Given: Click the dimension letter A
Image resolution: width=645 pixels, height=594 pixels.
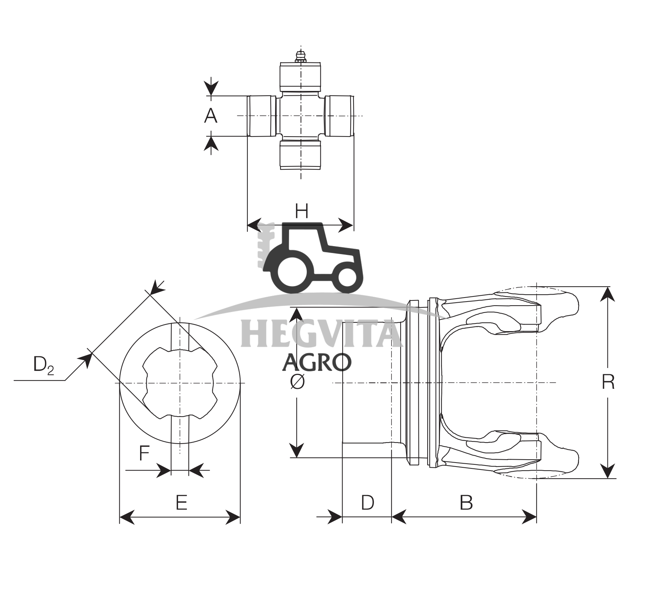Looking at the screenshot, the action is pos(211,116).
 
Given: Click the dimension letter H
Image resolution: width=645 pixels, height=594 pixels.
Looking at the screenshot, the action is pos(301,211).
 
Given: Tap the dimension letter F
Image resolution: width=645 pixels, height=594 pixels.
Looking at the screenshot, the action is pos(145,453).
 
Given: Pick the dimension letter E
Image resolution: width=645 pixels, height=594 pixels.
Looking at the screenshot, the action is pos(181,502).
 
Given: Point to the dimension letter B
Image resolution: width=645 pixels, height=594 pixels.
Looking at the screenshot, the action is pos(466,502).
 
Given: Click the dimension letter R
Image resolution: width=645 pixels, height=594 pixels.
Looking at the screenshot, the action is pos(608,382).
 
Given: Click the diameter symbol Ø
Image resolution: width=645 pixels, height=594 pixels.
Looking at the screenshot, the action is pos(297,382).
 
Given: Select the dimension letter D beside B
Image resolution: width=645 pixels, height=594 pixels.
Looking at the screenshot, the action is pos(367,502).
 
